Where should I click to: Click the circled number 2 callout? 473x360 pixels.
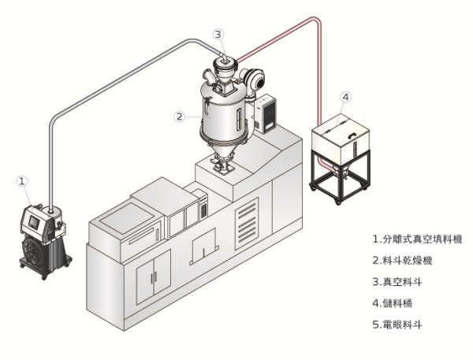click(x=180, y=116)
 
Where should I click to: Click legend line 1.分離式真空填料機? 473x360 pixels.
click(x=417, y=237)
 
